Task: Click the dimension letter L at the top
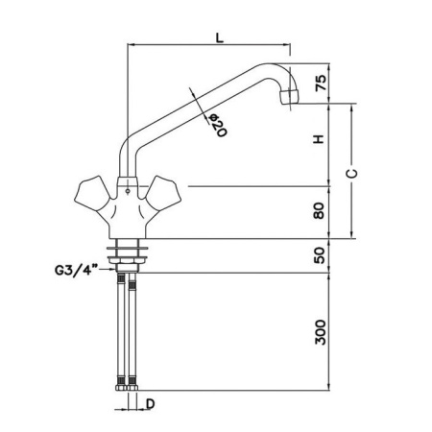(x=219, y=37)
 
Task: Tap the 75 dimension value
(x=321, y=83)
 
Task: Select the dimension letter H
(x=319, y=139)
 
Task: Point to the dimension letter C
(x=351, y=173)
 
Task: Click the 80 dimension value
(x=319, y=211)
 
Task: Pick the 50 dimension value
(x=320, y=255)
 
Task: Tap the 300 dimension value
(x=321, y=332)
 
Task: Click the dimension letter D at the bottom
(x=151, y=404)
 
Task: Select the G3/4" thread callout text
(x=76, y=271)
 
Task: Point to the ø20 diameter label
(x=217, y=125)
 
